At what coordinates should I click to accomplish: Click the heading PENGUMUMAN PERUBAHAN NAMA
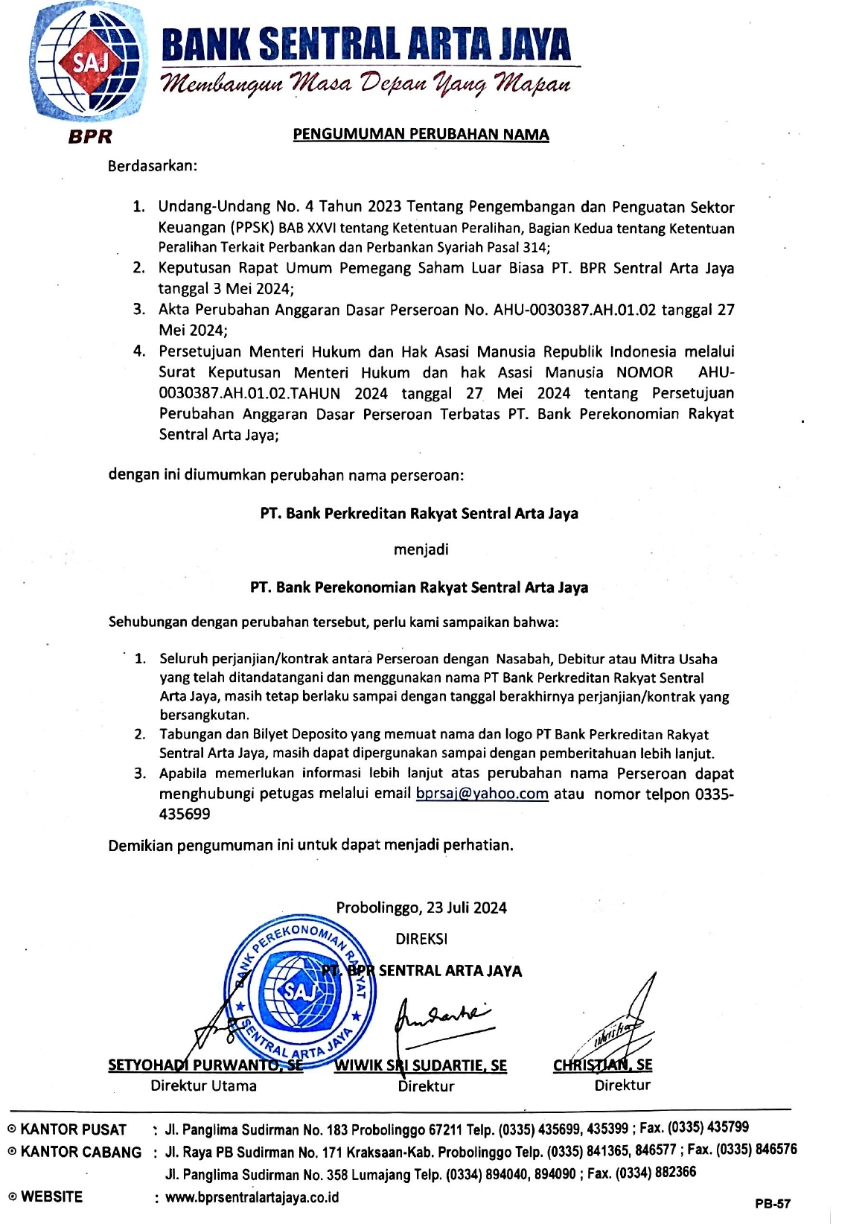421,135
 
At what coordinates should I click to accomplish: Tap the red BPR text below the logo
89,137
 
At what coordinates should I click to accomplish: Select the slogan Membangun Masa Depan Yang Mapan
366,82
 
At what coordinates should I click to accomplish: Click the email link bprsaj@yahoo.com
482,794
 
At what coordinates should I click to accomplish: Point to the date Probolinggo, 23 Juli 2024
421,908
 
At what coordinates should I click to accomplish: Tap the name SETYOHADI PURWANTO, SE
205,1065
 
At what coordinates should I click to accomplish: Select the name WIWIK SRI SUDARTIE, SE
421,1065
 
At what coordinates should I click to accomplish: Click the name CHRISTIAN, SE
602,1065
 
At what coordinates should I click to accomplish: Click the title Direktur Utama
203,1086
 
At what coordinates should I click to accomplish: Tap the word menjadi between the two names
421,550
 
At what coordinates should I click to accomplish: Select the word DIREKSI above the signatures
421,939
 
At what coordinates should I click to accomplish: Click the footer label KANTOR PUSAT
73,1129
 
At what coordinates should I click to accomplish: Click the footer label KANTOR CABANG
80,1153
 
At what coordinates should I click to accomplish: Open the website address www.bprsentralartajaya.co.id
252,1197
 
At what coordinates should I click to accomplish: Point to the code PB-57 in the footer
772,1203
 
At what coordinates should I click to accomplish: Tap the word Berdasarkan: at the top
153,165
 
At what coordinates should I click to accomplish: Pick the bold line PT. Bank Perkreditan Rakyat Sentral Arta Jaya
419,514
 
